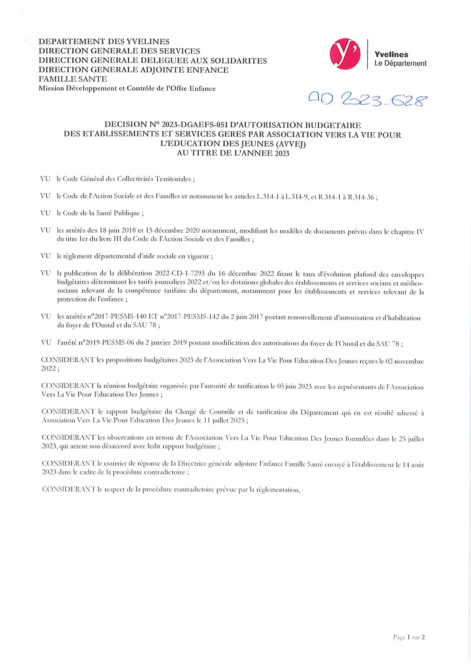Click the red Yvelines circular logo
tap(345, 55)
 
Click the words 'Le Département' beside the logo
tap(400, 63)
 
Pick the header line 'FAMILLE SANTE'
tap(73, 79)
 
